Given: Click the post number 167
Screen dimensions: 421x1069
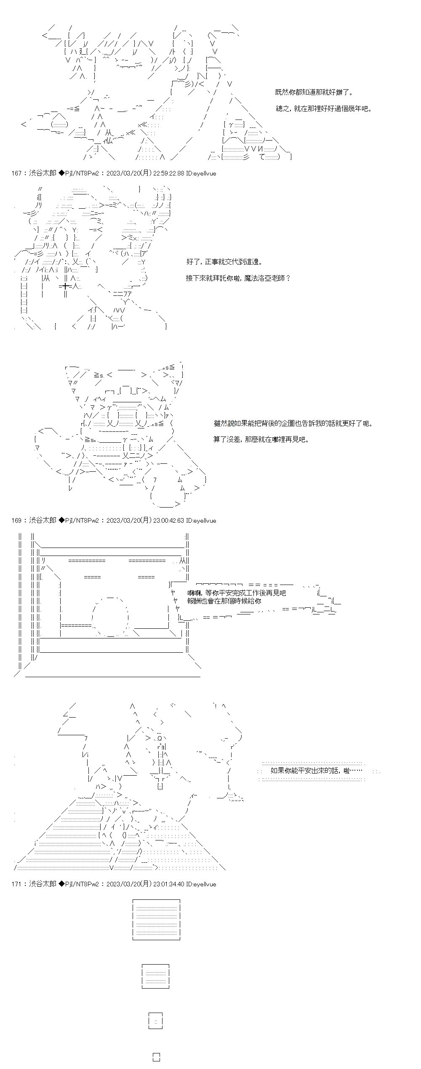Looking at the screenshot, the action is point(16,173).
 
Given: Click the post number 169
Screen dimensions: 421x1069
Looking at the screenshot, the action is point(16,521).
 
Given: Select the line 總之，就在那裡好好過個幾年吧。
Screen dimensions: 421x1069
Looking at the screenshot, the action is point(324,109).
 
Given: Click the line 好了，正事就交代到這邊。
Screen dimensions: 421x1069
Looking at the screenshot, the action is point(224,262).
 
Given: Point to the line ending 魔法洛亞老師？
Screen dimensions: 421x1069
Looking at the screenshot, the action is point(238,278).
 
